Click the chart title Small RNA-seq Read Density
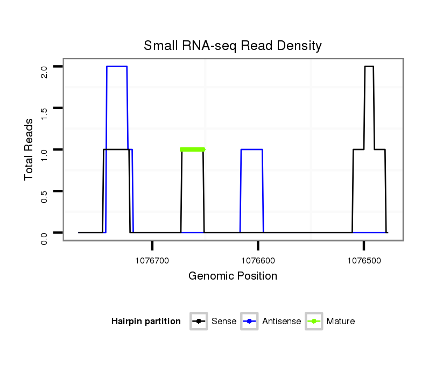click(233, 46)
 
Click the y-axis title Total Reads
click(30, 149)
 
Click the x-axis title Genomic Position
click(233, 276)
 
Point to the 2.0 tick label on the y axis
click(45, 70)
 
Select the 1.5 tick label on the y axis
click(45, 112)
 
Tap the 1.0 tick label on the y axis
click(45, 153)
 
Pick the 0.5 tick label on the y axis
click(45, 195)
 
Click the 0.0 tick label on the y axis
click(45, 236)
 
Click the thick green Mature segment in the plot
click(193, 149)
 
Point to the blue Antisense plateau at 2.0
click(117, 66)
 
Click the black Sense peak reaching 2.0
click(369, 66)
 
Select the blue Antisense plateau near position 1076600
click(251, 149)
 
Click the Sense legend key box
click(199, 322)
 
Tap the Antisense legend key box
click(250, 322)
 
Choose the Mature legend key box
click(314, 322)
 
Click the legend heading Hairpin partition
click(146, 322)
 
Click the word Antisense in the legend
click(282, 322)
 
